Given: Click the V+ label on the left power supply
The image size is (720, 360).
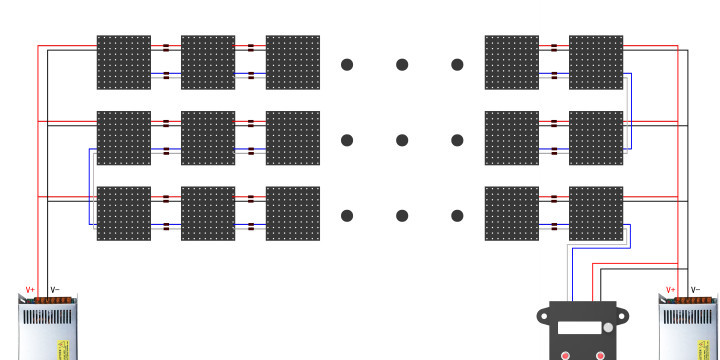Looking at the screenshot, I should point(30,290).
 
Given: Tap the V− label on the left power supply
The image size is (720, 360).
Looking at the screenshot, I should point(55,290).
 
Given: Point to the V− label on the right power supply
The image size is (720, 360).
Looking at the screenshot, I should point(695,290).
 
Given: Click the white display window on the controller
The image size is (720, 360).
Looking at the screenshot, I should point(580,327).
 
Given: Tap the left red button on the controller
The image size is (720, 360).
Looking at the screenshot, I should point(565,355).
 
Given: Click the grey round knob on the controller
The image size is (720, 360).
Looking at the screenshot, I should point(606,327).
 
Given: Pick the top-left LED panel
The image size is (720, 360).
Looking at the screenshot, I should point(123,62).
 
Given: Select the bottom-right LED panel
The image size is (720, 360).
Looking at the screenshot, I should point(596,213).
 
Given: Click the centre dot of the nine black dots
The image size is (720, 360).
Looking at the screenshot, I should point(402,140).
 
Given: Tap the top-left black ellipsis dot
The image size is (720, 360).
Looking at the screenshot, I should point(347,65).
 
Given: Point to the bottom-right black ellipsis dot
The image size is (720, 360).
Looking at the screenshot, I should point(457,215).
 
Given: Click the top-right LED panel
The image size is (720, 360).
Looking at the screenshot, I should point(596,62).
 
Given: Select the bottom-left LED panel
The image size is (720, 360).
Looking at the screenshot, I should point(123,213).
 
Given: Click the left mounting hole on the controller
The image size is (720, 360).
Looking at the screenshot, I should point(543,317).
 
